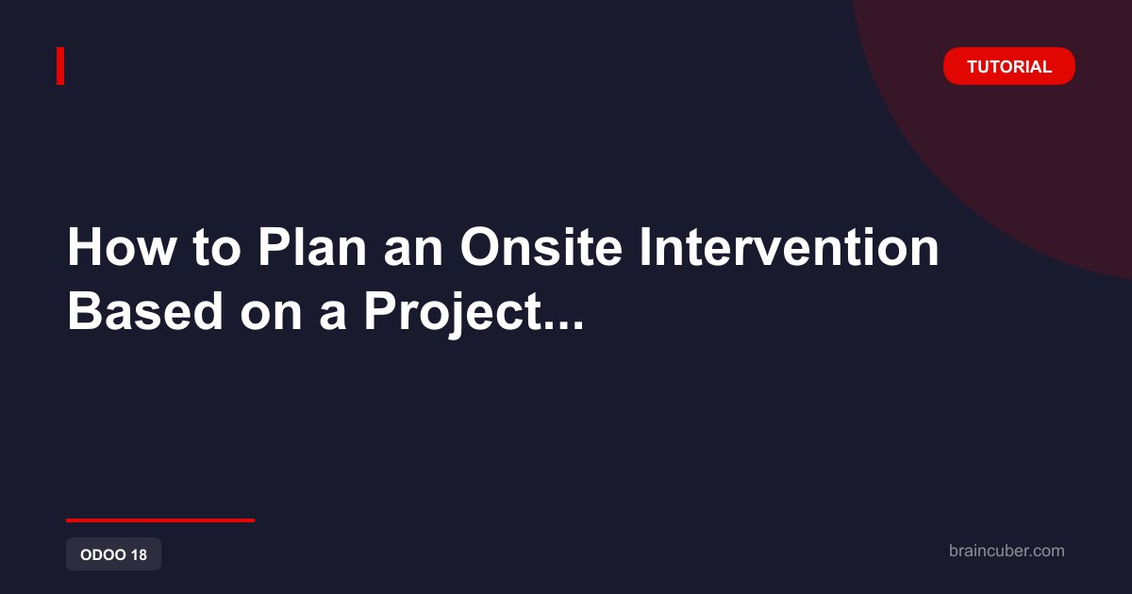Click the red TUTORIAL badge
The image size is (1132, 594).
[1008, 66]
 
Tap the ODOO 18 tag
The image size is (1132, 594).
[114, 554]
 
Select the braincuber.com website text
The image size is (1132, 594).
[1007, 551]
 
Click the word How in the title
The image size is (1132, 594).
[122, 246]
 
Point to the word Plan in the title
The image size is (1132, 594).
[312, 246]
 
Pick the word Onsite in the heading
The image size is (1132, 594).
[541, 246]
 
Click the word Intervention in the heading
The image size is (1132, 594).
[789, 246]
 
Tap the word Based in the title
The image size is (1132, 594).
[145, 311]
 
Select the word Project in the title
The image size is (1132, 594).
[452, 314]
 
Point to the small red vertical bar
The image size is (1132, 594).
[60, 66]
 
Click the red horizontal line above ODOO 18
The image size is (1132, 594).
[160, 520]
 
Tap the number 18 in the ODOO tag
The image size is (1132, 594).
[139, 554]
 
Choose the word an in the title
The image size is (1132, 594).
[413, 252]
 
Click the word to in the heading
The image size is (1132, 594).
[216, 249]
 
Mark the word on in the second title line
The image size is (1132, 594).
[271, 316]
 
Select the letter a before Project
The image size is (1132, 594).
[332, 316]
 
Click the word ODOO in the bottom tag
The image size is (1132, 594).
[103, 554]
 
